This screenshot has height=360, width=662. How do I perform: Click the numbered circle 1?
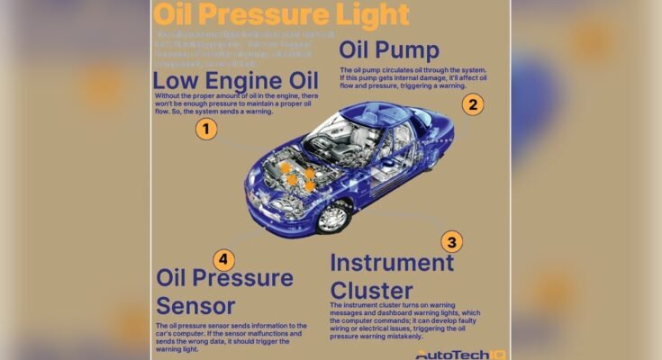207,129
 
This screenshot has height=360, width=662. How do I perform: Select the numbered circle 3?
452,241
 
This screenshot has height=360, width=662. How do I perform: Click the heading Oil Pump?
388,49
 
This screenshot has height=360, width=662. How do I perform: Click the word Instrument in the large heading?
392,263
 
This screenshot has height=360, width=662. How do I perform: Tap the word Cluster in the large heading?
371,290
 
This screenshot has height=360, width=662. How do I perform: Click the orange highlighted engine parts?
297,175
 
